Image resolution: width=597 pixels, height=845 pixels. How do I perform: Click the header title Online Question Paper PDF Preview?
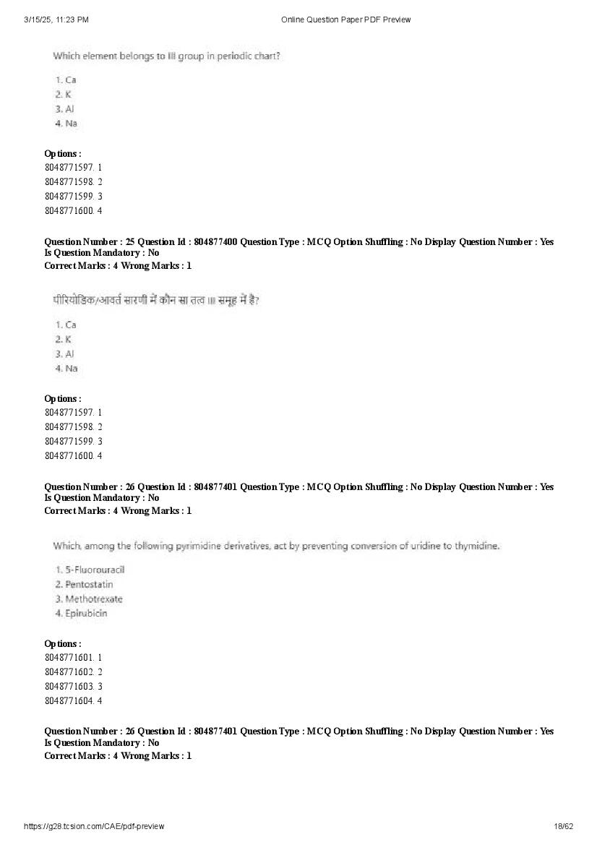point(345,20)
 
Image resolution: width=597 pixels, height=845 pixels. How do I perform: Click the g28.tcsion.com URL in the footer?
point(94,826)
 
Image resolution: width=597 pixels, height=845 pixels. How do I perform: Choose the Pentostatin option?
point(88,584)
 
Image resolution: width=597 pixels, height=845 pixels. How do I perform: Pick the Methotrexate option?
point(93,599)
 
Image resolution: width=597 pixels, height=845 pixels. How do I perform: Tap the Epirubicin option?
point(85,613)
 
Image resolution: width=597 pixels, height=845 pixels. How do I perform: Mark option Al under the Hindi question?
point(69,353)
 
